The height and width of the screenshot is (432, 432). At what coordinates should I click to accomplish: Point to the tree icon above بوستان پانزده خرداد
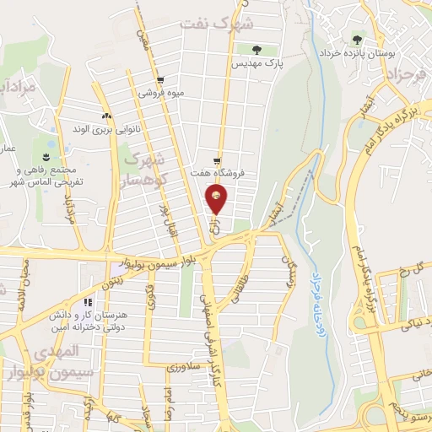click(x=358, y=39)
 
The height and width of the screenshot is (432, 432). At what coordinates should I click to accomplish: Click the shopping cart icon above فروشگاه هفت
click(x=218, y=160)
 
